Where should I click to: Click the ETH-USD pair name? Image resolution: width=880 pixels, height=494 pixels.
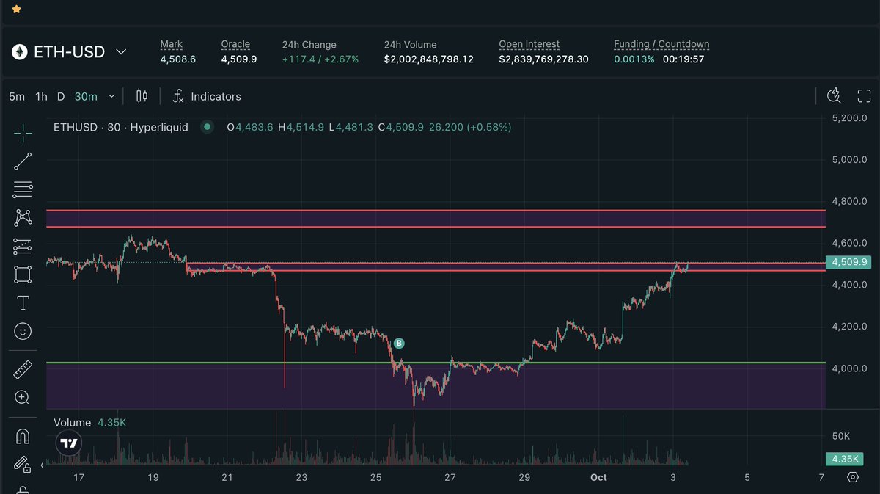tap(70, 52)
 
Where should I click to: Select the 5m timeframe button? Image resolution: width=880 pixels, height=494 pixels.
tap(17, 96)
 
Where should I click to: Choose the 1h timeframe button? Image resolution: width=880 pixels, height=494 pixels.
tap(41, 96)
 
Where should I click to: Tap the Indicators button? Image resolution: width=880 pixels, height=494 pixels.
tap(215, 96)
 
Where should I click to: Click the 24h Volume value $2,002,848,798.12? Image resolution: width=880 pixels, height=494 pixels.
tap(428, 59)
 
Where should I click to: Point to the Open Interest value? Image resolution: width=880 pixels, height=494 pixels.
tap(543, 59)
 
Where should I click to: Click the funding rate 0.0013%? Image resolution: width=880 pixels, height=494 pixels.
tap(634, 59)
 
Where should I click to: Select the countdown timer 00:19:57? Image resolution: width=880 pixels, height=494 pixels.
tap(683, 59)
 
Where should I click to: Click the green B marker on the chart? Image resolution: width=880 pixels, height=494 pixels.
tap(399, 343)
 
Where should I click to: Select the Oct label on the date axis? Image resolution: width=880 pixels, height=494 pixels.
tap(598, 477)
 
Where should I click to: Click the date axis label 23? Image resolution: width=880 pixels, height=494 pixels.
tap(301, 477)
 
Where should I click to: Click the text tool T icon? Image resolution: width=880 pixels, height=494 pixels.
tap(23, 302)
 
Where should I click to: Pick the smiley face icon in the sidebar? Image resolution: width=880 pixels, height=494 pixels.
tap(23, 332)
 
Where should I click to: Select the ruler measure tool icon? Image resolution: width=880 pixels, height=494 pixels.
tap(23, 370)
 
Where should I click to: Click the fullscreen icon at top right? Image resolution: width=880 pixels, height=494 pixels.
tap(864, 96)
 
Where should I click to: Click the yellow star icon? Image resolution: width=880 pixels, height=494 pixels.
tap(17, 10)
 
